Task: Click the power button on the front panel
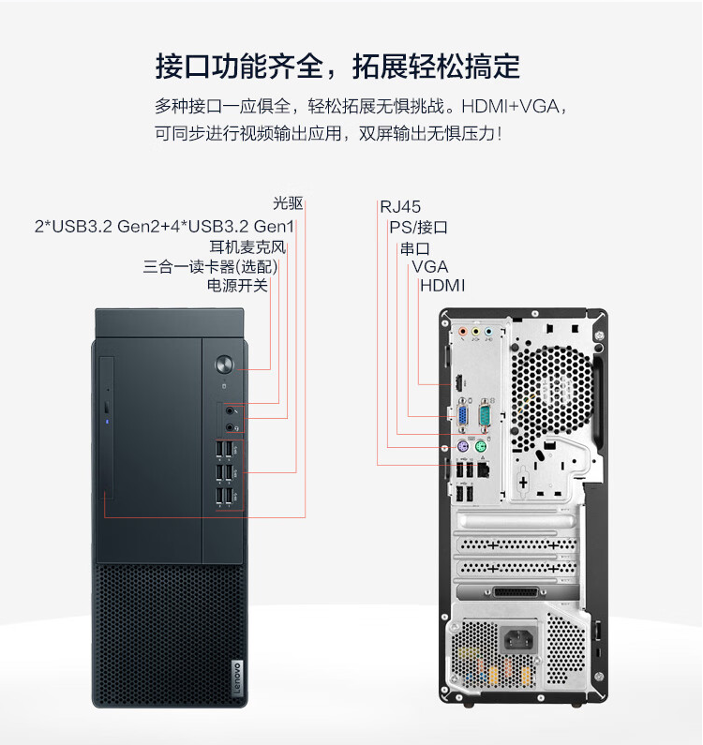pyautogui.click(x=224, y=365)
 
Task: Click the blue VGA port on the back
pyautogui.click(x=461, y=417)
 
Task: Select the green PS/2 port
pyautogui.click(x=481, y=447)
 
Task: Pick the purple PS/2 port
pyautogui.click(x=463, y=447)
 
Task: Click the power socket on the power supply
pyautogui.click(x=518, y=639)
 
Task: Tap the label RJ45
pyautogui.click(x=400, y=207)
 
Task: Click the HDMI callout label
pyautogui.click(x=442, y=286)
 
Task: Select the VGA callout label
pyautogui.click(x=429, y=266)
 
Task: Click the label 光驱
pyautogui.click(x=288, y=202)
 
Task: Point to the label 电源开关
pyautogui.click(x=238, y=286)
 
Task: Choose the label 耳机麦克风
pyautogui.click(x=247, y=247)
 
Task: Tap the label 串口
pyautogui.click(x=415, y=248)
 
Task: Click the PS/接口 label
pyautogui.click(x=418, y=227)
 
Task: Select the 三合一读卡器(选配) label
pyautogui.click(x=210, y=266)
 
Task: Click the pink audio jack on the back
pyautogui.click(x=463, y=331)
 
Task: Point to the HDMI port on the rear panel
pyautogui.click(x=458, y=381)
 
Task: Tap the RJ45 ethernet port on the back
pyautogui.click(x=483, y=469)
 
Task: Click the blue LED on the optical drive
pyautogui.click(x=108, y=422)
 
